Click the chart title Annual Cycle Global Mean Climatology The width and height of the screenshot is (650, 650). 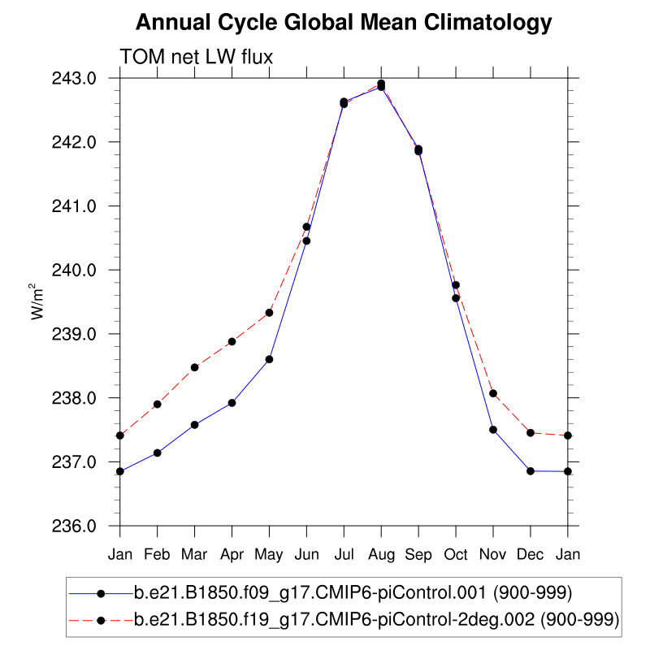(344, 24)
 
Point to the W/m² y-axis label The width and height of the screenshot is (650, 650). (37, 301)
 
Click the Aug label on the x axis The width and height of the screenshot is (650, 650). (381, 554)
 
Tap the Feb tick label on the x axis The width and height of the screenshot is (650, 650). (158, 554)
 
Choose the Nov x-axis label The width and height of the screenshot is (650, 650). (493, 554)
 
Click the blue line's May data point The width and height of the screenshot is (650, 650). (269, 359)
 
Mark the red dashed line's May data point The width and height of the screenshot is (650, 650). (269, 312)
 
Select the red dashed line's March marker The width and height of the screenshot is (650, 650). (194, 367)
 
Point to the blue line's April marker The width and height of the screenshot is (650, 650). (232, 403)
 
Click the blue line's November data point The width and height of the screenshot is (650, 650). (493, 429)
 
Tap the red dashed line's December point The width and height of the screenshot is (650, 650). (531, 432)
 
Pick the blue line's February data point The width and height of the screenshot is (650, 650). (158, 453)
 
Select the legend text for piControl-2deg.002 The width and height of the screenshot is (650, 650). (376, 620)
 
